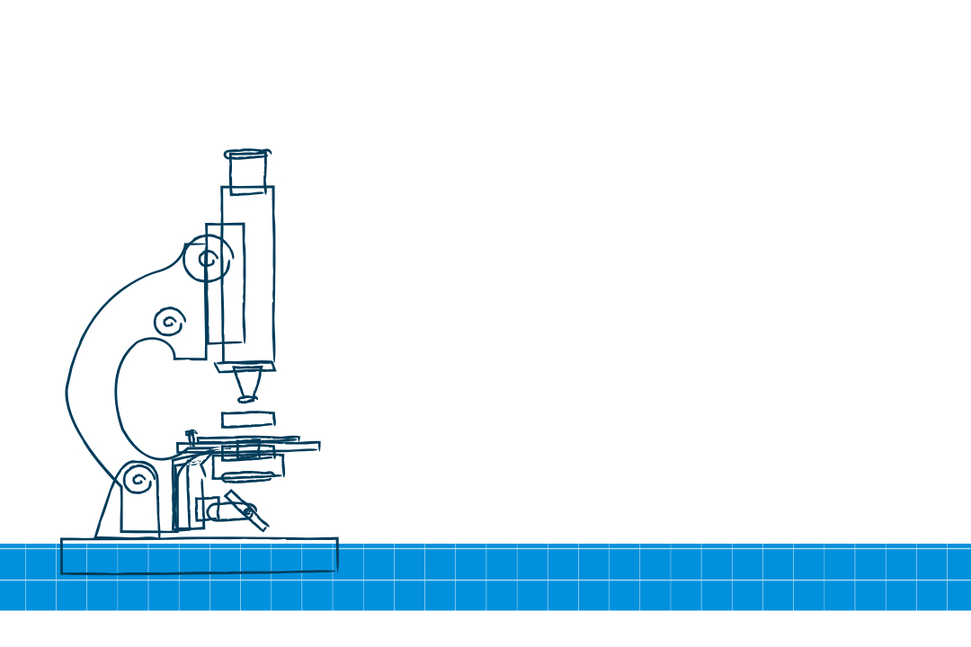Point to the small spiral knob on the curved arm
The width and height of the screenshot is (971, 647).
169,321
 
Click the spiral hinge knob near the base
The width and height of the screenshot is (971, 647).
138,481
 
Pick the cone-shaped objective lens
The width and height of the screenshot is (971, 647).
247,384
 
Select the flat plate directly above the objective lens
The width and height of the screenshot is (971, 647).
245,366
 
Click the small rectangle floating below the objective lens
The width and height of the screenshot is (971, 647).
248,419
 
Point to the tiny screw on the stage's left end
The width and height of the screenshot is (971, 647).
190,435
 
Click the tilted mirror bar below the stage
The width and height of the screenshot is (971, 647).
247,510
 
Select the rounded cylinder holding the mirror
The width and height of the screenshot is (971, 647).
225,511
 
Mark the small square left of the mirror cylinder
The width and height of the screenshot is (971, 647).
206,508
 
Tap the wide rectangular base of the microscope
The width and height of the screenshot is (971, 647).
199,555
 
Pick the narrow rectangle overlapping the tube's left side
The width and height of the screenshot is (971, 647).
225,283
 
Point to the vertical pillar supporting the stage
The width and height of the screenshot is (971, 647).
183,494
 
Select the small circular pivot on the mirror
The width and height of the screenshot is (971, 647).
249,511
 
